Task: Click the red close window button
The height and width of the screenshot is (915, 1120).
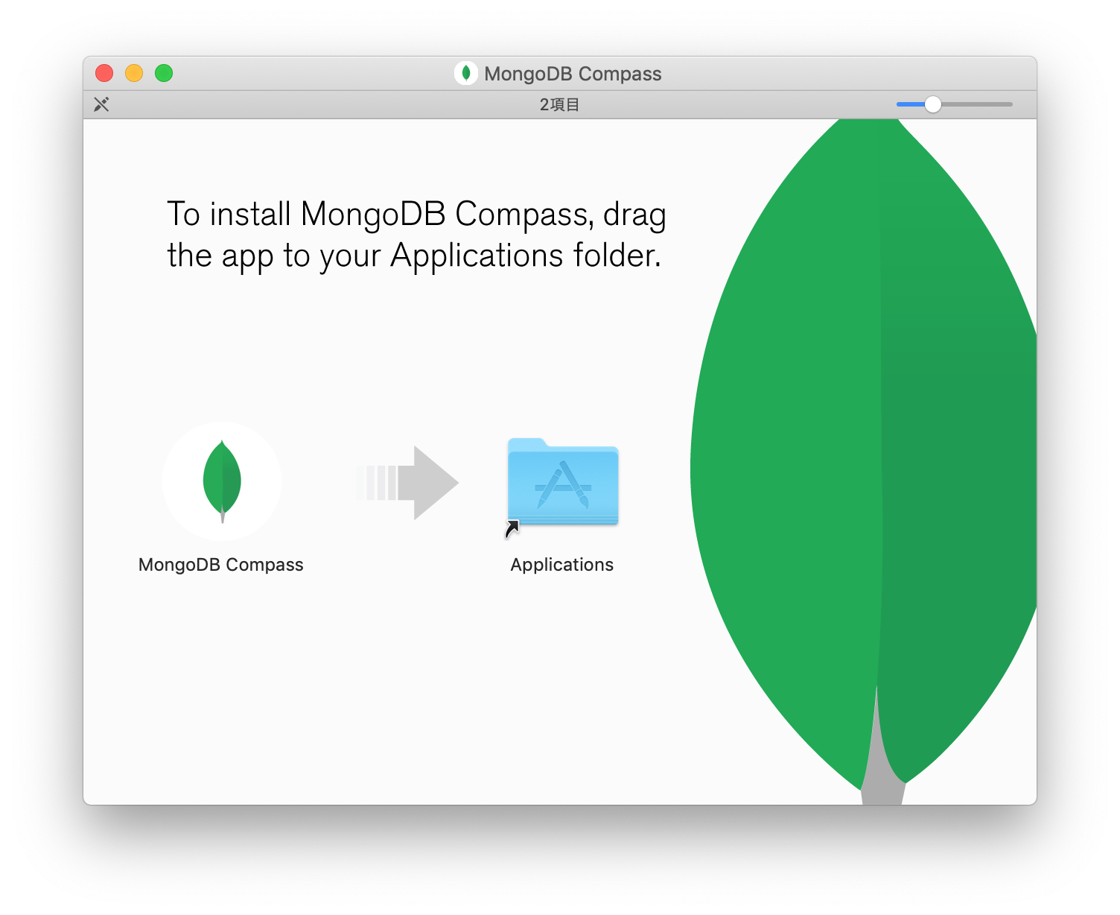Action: [104, 73]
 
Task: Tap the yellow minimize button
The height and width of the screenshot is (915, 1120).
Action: [134, 73]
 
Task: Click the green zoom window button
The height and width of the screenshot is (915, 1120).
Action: [164, 73]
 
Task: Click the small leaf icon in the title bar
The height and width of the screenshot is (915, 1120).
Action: [466, 73]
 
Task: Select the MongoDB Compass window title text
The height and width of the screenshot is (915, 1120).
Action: [573, 74]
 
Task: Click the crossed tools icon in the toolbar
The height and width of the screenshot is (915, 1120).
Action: [101, 104]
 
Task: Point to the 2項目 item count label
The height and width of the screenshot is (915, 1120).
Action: [559, 105]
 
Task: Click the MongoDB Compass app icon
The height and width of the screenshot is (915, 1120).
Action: [222, 481]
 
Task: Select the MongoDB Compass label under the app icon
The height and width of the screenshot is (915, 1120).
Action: [221, 565]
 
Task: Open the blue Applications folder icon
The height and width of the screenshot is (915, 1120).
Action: [563, 481]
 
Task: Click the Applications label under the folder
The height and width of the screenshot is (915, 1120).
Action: [562, 565]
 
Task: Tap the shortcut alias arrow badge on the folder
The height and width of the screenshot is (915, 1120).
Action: [512, 529]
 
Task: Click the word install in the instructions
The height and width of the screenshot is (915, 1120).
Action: [250, 215]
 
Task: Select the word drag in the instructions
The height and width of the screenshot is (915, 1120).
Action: [634, 215]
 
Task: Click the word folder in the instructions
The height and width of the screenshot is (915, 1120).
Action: [617, 256]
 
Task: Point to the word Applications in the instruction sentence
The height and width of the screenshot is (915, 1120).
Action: [477, 256]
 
